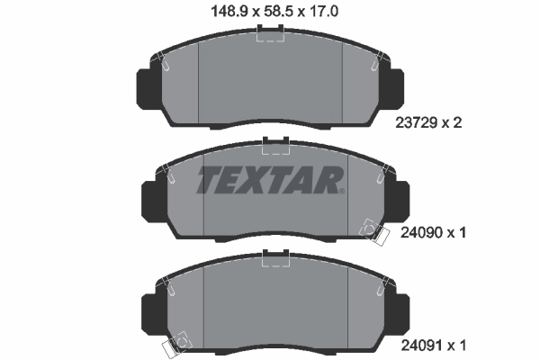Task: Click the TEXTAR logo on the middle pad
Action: (270, 180)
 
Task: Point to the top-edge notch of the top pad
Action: (270, 33)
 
